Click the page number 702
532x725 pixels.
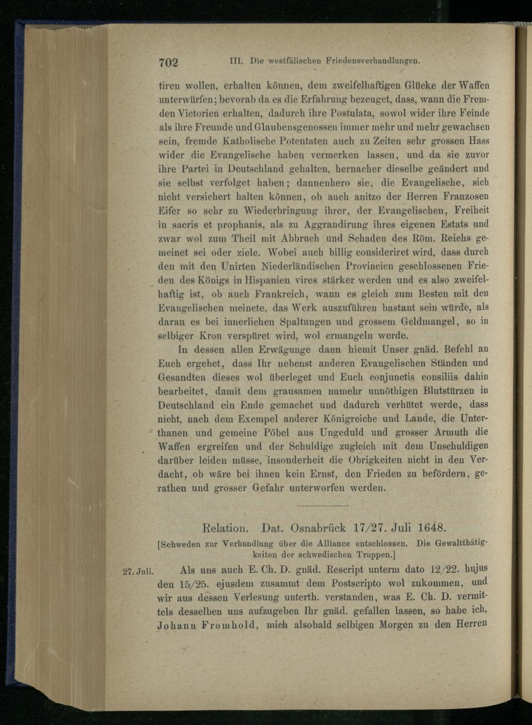pos(168,62)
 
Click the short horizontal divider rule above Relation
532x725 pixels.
pos(322,505)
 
